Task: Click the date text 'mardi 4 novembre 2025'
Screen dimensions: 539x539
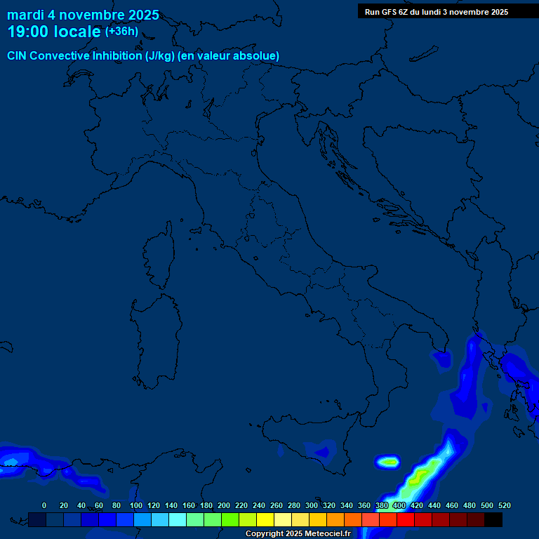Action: [83, 15]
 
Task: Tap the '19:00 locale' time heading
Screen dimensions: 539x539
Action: [53, 32]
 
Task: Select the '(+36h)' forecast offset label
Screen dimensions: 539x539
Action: [121, 32]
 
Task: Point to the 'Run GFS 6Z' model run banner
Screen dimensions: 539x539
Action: [437, 12]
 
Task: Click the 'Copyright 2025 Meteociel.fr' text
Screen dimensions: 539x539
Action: [298, 534]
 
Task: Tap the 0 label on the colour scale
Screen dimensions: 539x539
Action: [44, 505]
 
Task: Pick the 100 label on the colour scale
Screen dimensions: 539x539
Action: [136, 505]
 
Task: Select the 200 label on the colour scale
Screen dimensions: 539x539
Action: [224, 505]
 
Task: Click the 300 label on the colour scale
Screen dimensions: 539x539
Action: [312, 505]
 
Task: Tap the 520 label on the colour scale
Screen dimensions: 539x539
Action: [504, 505]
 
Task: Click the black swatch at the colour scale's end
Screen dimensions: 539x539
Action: [493, 519]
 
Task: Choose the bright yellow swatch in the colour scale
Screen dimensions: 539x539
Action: [265, 519]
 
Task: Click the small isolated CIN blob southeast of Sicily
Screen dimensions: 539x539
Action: [388, 462]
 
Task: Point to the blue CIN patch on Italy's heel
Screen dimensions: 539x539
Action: [442, 359]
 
